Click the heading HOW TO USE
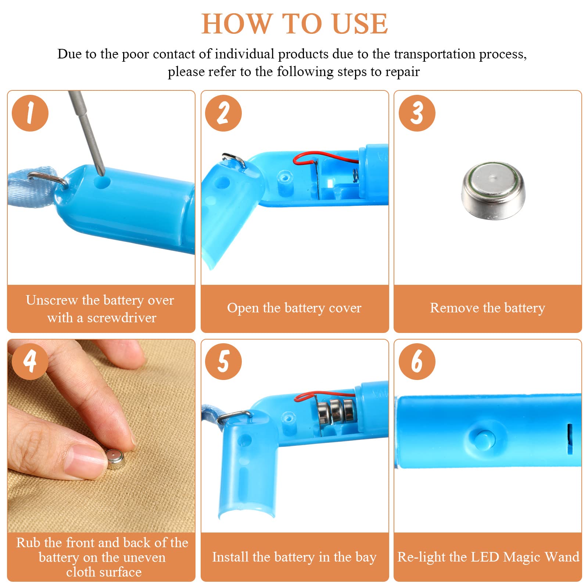pos(294,24)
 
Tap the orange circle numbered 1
pos(30,113)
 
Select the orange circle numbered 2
pos(223,113)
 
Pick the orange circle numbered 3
pos(417,113)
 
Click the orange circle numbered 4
pos(30,362)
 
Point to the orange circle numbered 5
pos(223,362)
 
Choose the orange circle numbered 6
pos(417,362)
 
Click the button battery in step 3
pos(493,191)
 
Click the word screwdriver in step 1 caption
pos(122,318)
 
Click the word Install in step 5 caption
pos(230,557)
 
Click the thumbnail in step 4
pos(87,457)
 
